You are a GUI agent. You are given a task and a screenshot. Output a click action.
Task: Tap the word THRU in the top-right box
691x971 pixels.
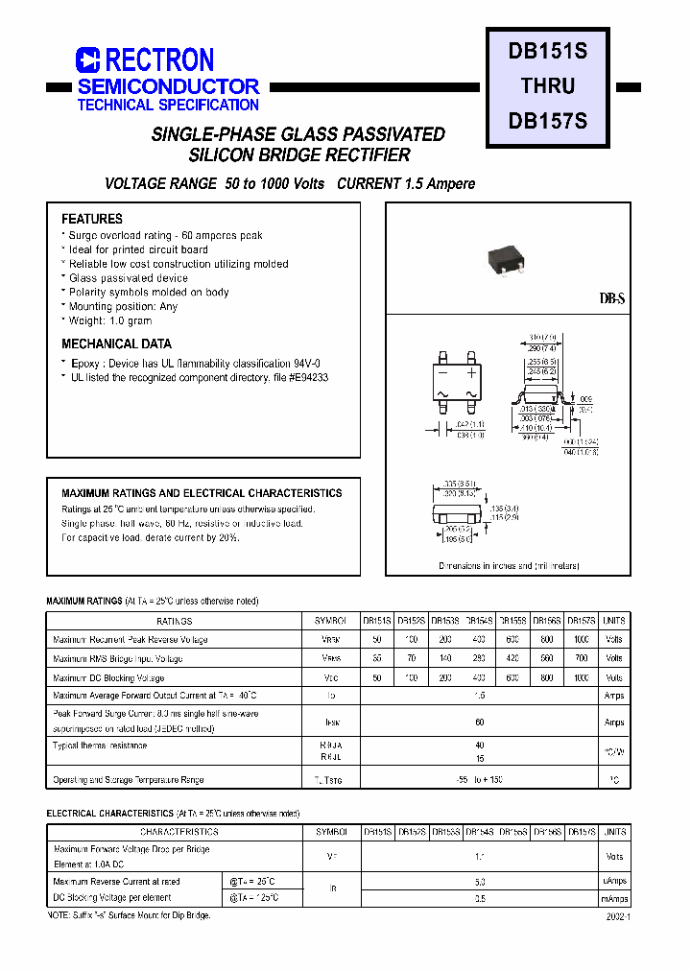[x=547, y=85]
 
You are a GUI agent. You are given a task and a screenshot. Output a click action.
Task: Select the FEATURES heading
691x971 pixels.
[x=92, y=219]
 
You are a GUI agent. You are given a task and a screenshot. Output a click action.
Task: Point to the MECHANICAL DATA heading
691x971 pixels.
[x=116, y=343]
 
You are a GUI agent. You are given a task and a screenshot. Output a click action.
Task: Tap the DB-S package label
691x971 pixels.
[x=612, y=299]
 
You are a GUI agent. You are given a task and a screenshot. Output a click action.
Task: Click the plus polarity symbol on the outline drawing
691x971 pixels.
[x=471, y=371]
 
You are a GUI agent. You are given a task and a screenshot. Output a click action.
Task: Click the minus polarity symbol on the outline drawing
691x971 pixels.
[x=441, y=371]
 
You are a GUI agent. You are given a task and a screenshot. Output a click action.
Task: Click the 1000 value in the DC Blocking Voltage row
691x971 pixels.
[x=582, y=677]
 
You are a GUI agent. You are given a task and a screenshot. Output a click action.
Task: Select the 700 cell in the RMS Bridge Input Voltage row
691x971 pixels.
[x=582, y=658]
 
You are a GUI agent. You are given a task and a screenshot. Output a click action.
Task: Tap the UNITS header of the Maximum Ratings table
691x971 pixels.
[x=614, y=621]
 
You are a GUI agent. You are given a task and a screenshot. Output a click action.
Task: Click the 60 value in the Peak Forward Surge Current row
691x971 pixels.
[x=479, y=722]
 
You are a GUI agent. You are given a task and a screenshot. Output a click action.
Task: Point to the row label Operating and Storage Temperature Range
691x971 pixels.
[x=129, y=780]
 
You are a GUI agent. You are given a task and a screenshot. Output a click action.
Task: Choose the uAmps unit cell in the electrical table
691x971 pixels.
[x=614, y=880]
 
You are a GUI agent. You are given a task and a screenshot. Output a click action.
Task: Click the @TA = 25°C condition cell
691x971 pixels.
[x=252, y=881]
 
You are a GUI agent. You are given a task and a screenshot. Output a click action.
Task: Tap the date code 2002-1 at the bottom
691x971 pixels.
[x=617, y=917]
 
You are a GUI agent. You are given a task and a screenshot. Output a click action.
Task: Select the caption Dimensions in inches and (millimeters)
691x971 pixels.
[x=509, y=566]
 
